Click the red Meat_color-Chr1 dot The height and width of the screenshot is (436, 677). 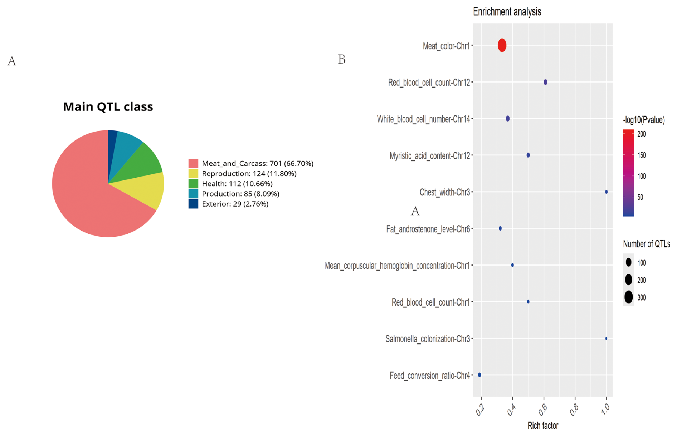[502, 45]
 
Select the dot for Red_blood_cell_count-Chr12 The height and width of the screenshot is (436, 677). [545, 82]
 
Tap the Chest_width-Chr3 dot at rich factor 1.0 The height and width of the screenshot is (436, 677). [606, 192]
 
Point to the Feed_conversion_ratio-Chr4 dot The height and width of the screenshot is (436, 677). [479, 375]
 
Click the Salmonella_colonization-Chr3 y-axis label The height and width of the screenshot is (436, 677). [427, 339]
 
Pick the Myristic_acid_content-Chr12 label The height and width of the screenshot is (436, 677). [429, 156]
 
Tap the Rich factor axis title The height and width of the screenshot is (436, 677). [542, 426]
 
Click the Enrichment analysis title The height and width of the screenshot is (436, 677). [507, 12]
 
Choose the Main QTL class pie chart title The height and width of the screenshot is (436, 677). [108, 106]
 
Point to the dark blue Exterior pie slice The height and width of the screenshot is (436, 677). [112, 138]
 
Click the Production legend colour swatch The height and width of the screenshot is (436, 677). [193, 194]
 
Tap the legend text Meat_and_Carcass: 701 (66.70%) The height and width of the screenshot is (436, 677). [257, 163]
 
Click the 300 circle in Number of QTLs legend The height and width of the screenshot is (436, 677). [628, 297]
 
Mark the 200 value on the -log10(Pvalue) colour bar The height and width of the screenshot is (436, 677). [641, 134]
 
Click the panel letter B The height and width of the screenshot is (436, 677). [342, 59]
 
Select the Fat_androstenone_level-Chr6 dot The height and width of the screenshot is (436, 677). [500, 228]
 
